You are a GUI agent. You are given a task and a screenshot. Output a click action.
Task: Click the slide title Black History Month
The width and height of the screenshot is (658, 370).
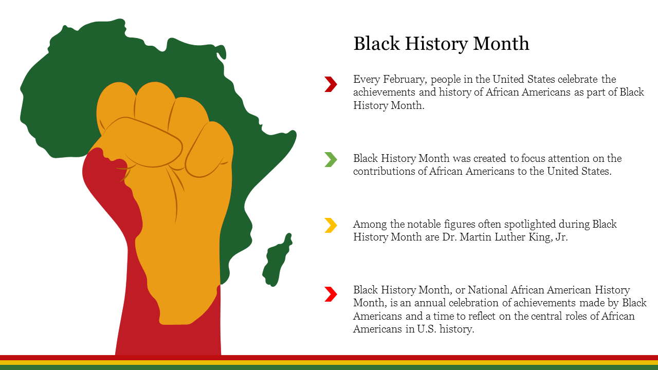(x=441, y=44)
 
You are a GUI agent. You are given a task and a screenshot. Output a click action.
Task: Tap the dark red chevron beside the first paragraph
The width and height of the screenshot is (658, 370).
(x=331, y=84)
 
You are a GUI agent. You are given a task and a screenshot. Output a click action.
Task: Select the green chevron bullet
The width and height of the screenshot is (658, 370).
(x=331, y=159)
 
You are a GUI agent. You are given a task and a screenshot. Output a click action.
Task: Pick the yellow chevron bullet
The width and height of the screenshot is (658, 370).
(x=331, y=225)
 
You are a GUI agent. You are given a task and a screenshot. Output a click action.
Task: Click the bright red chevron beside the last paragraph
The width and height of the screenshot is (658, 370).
(x=331, y=294)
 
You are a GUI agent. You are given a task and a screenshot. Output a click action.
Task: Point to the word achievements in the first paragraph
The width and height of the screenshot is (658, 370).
(x=384, y=92)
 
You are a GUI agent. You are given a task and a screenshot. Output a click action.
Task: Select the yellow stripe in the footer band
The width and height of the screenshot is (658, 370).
(x=329, y=363)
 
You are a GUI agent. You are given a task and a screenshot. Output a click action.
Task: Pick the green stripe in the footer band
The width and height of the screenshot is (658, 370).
(x=329, y=367)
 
